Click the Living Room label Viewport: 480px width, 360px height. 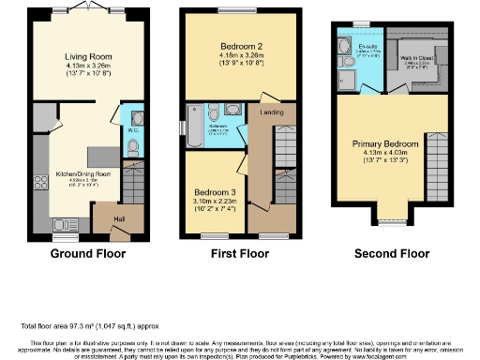point(82,55)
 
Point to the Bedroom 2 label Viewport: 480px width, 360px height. point(228,47)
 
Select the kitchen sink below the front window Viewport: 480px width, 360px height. point(65,224)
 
